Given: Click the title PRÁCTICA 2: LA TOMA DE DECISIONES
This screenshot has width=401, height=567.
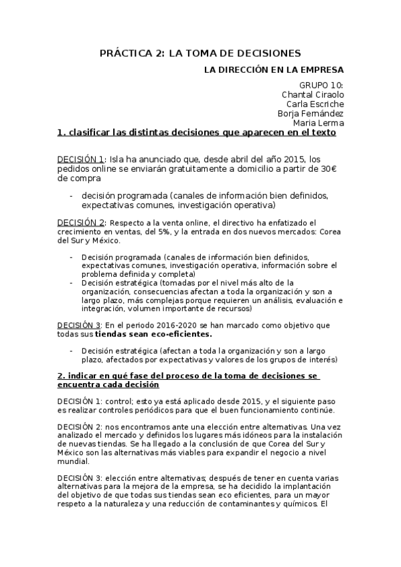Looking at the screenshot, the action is (200, 53).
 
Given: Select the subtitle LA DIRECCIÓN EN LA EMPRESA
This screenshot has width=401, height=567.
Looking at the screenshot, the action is (274, 70).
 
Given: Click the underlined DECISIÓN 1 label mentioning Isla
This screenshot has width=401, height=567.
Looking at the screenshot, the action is (80, 160).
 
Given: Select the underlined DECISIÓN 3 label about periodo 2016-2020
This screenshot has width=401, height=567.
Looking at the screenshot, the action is (80, 324).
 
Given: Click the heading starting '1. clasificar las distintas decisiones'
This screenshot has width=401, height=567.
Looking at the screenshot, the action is (196, 132).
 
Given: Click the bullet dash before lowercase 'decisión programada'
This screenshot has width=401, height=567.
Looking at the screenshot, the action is (71, 195).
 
